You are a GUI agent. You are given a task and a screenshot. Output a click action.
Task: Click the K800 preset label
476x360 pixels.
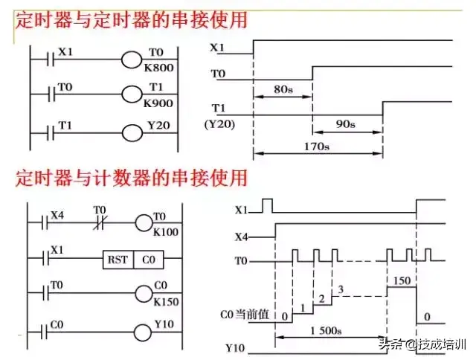tap(158, 68)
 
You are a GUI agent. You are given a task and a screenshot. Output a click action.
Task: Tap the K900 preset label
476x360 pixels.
tap(158, 103)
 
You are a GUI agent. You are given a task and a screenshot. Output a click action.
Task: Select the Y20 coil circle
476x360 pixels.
tap(132, 133)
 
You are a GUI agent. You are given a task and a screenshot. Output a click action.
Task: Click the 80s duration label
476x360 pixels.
tap(283, 89)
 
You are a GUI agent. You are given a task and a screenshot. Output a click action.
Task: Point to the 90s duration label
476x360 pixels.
tap(345, 124)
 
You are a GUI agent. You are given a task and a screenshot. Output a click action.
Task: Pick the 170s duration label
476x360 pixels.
tap(317, 147)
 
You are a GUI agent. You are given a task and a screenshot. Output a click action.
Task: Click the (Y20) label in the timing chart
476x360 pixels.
tap(220, 124)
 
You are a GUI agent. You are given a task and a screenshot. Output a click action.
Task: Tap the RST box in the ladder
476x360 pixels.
tap(118, 260)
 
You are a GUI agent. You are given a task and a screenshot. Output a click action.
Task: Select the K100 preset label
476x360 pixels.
tap(166, 232)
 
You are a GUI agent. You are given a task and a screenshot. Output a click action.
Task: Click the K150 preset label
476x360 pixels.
tap(166, 302)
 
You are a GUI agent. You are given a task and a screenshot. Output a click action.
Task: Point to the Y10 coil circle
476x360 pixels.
tap(143, 332)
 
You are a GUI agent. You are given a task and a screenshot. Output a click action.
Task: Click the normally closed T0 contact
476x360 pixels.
tap(99, 222)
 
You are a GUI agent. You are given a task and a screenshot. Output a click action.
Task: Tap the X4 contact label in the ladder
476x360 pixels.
tap(57, 216)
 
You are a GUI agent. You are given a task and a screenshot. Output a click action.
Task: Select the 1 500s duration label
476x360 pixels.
tap(326, 330)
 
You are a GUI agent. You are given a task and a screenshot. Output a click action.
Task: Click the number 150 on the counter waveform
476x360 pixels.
tap(402, 280)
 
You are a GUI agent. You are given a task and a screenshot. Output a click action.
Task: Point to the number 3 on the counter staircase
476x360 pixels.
tap(341, 289)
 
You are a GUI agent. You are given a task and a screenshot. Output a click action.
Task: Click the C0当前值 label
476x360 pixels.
tap(245, 314)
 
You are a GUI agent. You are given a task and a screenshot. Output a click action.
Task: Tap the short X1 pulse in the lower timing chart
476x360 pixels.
tap(268, 205)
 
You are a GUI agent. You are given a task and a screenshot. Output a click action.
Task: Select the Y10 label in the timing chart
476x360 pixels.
tap(235, 348)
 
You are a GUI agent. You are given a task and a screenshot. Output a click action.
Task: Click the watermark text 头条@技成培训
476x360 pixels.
tap(422, 344)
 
